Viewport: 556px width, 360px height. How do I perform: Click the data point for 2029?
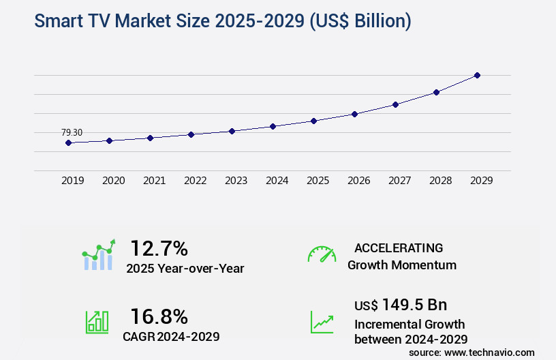click(x=477, y=75)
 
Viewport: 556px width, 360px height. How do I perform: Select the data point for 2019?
click(x=68, y=142)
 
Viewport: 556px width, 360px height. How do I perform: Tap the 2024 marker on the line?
click(x=273, y=126)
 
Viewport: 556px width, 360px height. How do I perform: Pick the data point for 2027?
click(x=395, y=104)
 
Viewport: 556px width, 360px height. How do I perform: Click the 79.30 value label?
click(x=72, y=132)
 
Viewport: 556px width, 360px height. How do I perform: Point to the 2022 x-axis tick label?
click(x=195, y=181)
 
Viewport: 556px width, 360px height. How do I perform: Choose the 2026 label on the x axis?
click(x=358, y=181)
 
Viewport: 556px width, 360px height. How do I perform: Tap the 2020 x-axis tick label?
click(x=113, y=181)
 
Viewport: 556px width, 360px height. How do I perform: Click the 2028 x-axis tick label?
click(x=440, y=181)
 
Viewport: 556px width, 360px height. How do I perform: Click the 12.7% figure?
click(x=159, y=248)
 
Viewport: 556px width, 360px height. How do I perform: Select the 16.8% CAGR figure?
click(x=159, y=316)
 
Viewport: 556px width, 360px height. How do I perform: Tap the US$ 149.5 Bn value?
click(x=401, y=304)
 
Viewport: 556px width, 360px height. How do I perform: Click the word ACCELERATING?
click(x=399, y=247)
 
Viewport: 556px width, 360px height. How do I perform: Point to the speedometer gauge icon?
click(x=322, y=254)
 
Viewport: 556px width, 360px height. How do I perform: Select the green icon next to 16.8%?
click(x=97, y=322)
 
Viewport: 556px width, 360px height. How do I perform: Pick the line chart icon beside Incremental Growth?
click(x=322, y=322)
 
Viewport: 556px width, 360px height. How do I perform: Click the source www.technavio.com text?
click(x=472, y=352)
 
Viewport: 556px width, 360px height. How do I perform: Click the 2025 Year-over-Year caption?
click(x=185, y=269)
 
